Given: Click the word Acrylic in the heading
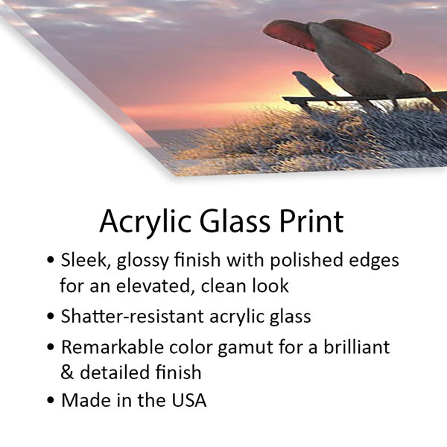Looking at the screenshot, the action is click(145, 222).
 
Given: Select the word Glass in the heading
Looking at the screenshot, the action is click(235, 221).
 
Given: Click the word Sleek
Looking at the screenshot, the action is click(83, 260).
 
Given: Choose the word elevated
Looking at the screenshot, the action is click(153, 286).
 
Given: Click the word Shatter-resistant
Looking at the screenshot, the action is click(133, 316).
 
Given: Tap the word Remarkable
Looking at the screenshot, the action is click(113, 347).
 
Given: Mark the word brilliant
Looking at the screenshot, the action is click(357, 346).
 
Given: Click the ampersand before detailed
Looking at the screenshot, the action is click(67, 372).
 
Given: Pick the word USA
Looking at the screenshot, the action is click(189, 400).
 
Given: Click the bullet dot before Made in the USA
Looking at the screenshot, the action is click(51, 399).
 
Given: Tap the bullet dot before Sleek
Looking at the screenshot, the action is click(51, 260).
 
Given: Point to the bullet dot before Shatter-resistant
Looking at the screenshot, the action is click(51, 316).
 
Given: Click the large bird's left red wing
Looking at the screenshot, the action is click(288, 34).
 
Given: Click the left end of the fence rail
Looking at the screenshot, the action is click(283, 98).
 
